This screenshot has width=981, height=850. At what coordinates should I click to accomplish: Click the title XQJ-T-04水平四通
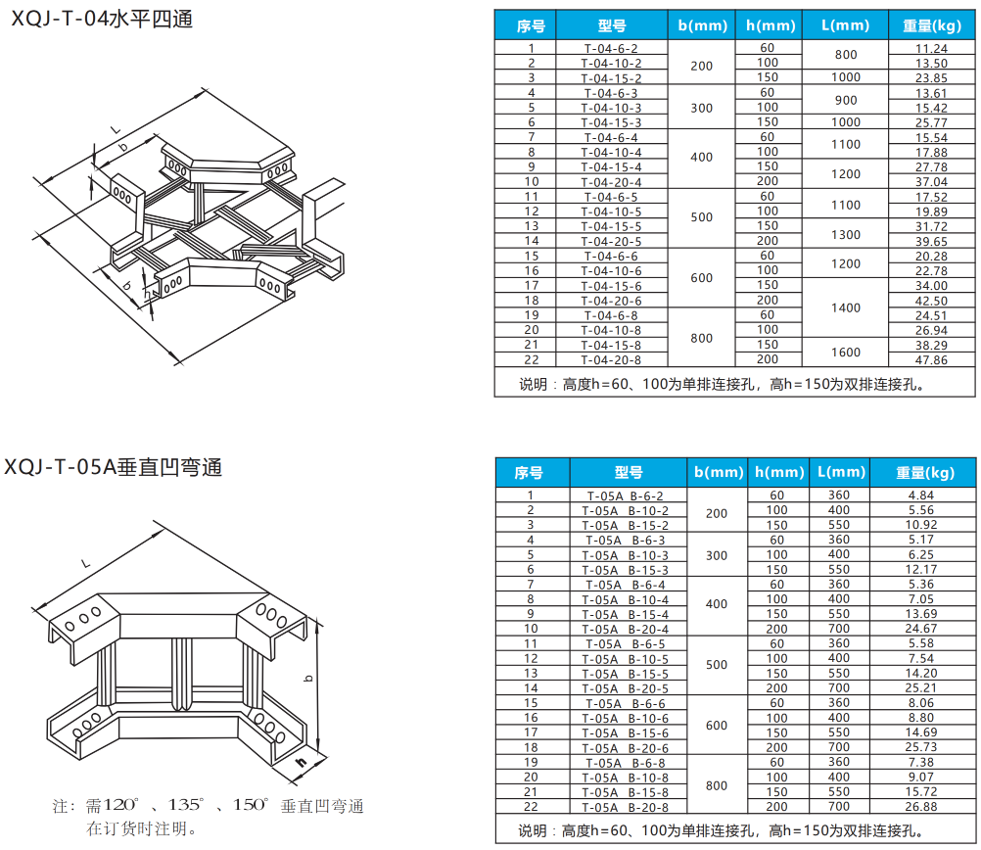click(102, 20)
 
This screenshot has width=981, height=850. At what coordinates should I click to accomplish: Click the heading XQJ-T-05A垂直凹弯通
click(114, 467)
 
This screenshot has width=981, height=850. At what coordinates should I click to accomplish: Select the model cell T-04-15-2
click(611, 78)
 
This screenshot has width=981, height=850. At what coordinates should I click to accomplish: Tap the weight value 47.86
click(931, 360)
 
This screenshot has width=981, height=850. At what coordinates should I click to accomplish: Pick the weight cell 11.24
click(931, 48)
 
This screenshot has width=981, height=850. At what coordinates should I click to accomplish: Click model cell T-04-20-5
click(611, 241)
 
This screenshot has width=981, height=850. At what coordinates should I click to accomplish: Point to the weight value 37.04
click(931, 181)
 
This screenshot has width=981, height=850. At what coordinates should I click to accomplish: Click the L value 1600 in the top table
click(846, 353)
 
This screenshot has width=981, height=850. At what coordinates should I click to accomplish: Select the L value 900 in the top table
click(846, 100)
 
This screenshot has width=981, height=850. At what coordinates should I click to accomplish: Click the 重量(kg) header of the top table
click(932, 25)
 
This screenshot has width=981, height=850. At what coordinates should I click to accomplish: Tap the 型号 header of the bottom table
click(629, 473)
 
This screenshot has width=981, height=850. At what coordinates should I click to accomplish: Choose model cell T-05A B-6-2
click(625, 496)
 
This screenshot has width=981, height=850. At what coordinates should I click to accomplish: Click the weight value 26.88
click(921, 807)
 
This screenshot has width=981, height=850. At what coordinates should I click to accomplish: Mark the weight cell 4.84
click(921, 496)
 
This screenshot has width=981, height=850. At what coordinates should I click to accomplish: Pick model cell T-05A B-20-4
click(625, 629)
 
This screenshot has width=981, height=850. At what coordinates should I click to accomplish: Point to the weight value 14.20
click(921, 674)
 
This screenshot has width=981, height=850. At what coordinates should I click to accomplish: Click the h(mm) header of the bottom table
click(779, 472)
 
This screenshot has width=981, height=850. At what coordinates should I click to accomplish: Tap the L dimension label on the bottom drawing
click(86, 563)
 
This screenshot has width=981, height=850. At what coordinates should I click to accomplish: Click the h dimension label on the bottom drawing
click(303, 762)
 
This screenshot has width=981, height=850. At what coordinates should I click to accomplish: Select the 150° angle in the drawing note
click(251, 805)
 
